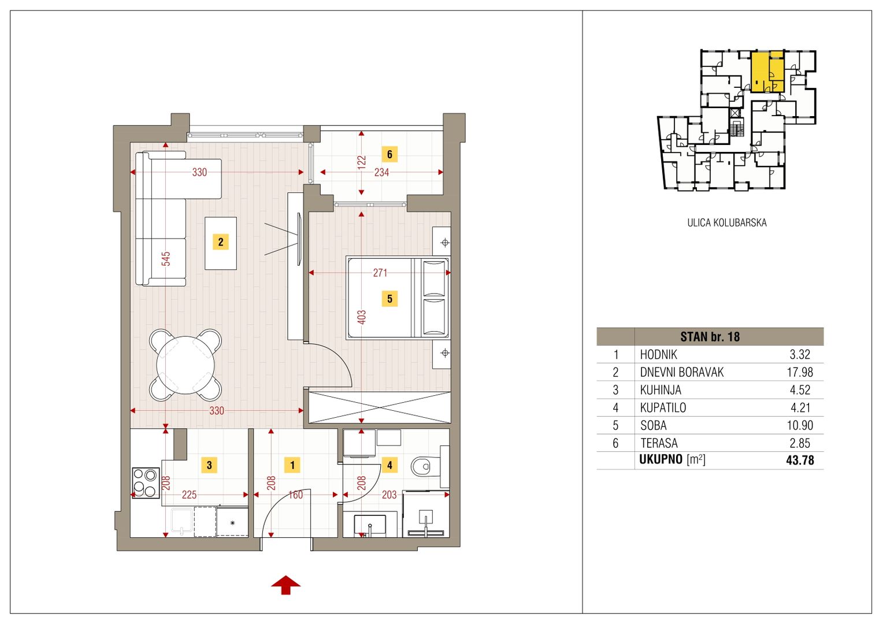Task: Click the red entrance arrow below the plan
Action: (286, 585)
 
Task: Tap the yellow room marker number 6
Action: (389, 154)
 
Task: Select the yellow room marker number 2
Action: (221, 242)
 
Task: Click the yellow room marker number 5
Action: (389, 298)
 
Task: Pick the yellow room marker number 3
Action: (209, 465)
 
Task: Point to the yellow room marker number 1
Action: (292, 465)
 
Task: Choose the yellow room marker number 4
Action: (389, 465)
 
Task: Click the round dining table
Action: (185, 365)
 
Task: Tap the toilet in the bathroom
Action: (426, 467)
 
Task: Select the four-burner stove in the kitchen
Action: (146, 483)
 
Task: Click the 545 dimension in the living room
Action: (166, 259)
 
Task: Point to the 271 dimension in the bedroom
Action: (380, 273)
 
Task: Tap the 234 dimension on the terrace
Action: (381, 172)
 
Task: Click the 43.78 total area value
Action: (800, 460)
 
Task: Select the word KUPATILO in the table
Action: (663, 407)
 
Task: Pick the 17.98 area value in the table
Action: (800, 372)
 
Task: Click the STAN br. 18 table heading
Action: (710, 337)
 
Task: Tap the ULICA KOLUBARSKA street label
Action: (727, 222)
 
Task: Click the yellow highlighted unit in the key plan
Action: (767, 71)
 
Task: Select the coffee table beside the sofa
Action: (221, 243)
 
